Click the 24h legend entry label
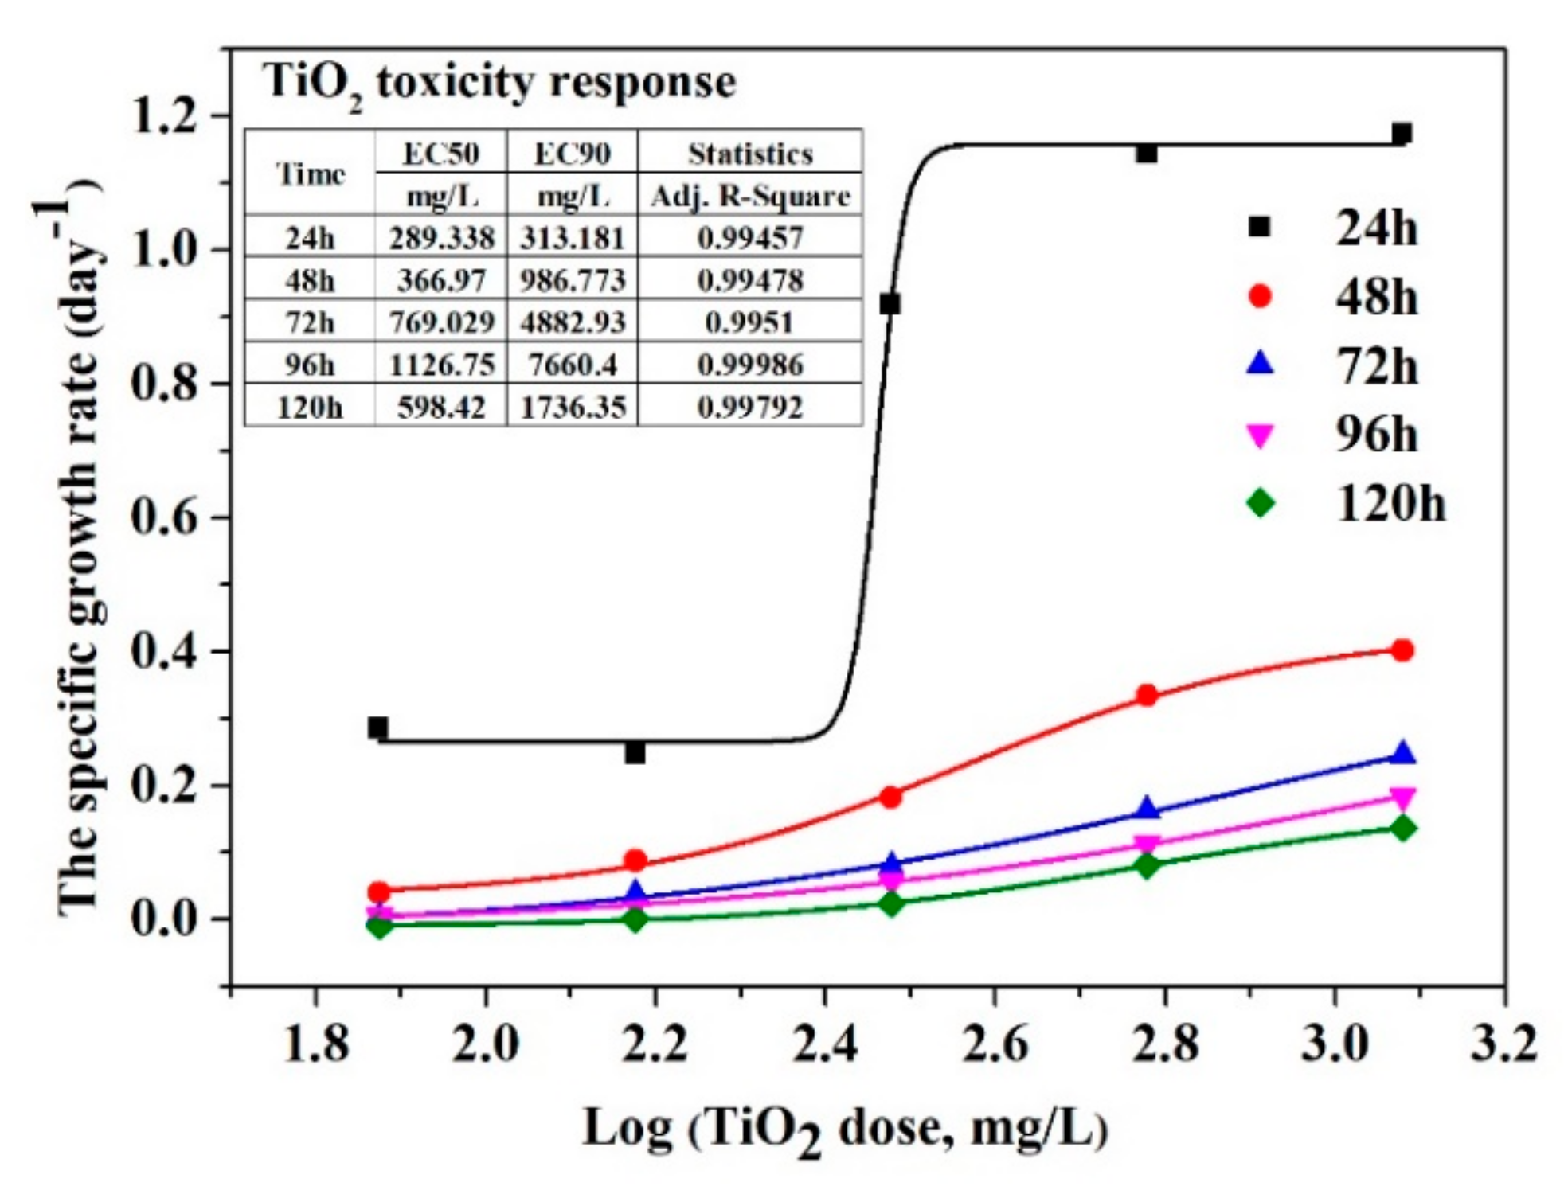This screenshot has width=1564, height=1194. tap(1375, 228)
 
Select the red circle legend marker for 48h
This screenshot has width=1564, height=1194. tap(1260, 297)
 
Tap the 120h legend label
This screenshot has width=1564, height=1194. tap(1389, 504)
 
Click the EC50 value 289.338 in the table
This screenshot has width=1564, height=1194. tap(441, 238)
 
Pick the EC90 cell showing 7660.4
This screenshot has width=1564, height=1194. tap(572, 365)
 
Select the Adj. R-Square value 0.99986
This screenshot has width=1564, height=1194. tap(749, 365)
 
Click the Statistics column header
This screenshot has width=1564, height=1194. tap(749, 153)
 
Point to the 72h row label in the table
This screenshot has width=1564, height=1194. tap(309, 322)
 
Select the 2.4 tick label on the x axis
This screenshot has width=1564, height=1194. tap(825, 1044)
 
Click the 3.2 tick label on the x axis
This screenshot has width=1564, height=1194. tap(1503, 1044)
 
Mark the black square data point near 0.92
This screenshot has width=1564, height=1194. tap(890, 303)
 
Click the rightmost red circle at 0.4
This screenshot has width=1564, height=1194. tap(1402, 650)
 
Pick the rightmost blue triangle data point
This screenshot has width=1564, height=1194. tap(1403, 753)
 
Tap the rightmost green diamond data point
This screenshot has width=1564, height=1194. tap(1402, 828)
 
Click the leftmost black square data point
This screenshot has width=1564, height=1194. tap(378, 727)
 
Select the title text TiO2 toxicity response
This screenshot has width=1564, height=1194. tap(499, 83)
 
